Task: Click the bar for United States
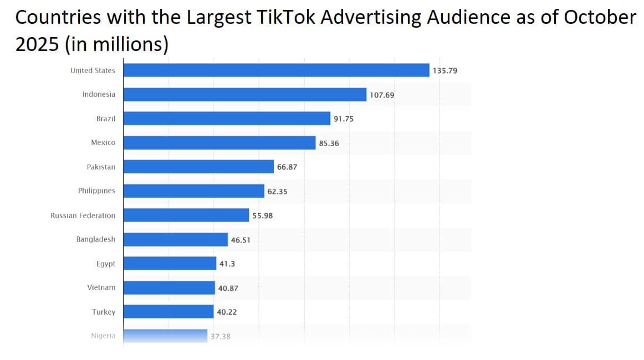tap(276, 70)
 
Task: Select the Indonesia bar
tap(244, 95)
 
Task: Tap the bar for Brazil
tap(227, 119)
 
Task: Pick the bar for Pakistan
tap(198, 167)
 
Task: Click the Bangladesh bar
tap(175, 239)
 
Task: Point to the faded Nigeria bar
tap(165, 336)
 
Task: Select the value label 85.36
tap(329, 143)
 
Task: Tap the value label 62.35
tap(277, 192)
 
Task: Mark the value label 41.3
tap(227, 264)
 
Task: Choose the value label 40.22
tap(227, 312)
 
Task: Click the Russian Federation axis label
tap(83, 215)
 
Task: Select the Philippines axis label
tap(96, 191)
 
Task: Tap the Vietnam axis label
tap(101, 287)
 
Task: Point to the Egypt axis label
tap(105, 264)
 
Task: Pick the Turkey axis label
tap(104, 312)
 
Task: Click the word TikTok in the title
tap(290, 18)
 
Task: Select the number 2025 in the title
tap(37, 44)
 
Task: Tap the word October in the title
tap(600, 18)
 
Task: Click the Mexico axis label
tap(103, 142)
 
